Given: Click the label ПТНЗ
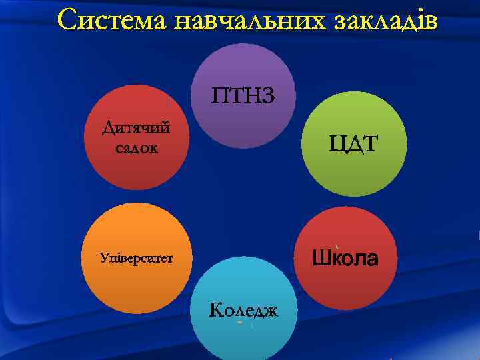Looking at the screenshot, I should tap(243, 96).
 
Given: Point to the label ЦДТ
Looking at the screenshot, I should tap(351, 143).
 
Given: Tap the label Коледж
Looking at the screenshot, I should tap(243, 310).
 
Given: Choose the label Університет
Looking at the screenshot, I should tap(135, 257).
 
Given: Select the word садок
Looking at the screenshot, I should tap(136, 147).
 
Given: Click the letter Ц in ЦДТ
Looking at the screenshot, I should tap(335, 144).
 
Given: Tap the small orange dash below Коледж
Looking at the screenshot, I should tap(239, 323).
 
